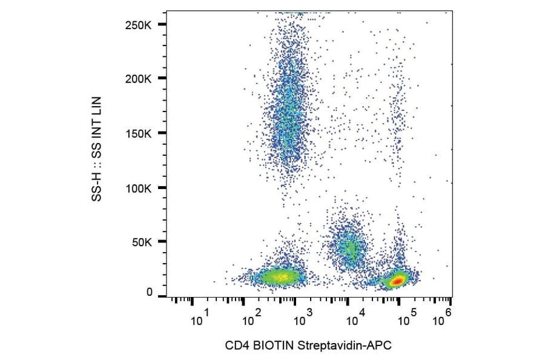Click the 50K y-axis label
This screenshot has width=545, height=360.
click(x=142, y=242)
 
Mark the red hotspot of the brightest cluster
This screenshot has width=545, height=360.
click(x=397, y=281)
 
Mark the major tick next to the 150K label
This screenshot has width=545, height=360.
click(x=161, y=133)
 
